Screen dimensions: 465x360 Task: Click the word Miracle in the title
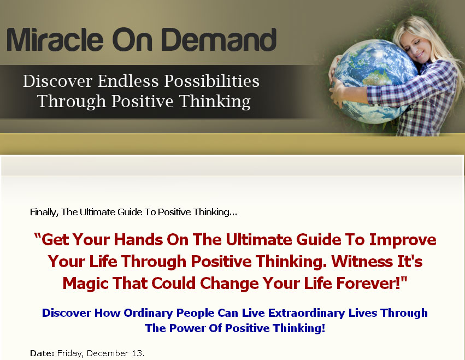click(x=55, y=39)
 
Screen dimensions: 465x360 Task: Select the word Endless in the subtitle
click(x=128, y=81)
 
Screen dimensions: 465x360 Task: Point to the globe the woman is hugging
click(x=375, y=81)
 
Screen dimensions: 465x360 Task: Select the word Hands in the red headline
click(x=138, y=240)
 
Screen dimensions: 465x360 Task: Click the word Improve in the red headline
click(x=402, y=240)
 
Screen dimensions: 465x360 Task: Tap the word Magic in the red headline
click(x=85, y=283)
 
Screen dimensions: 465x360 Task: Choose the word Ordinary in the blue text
click(x=148, y=313)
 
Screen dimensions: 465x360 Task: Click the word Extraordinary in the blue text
click(x=307, y=313)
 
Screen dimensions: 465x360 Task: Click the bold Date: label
click(x=42, y=353)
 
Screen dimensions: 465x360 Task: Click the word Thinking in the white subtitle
click(x=215, y=102)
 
